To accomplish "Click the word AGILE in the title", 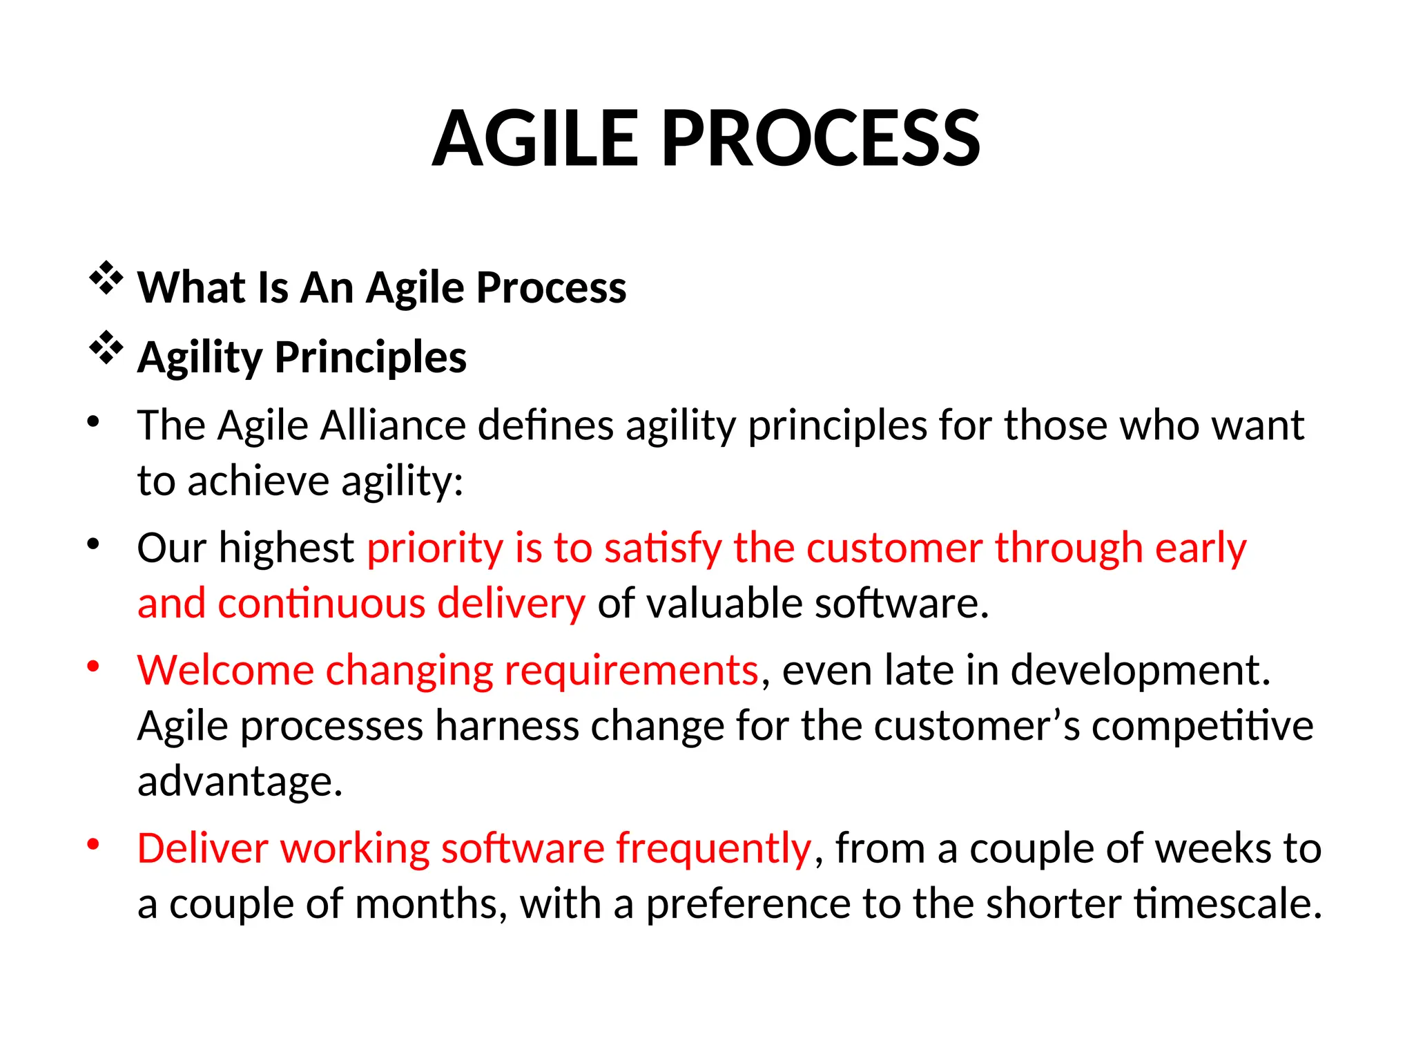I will point(535,140).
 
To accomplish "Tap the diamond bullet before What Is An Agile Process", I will point(106,279).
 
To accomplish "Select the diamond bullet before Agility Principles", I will point(106,348).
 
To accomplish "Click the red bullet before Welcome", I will point(94,667).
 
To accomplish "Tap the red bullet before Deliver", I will point(94,845).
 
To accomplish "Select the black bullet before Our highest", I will point(94,544).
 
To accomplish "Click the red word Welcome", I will point(225,670).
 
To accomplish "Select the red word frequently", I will point(713,849).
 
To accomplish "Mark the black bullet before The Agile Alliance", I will point(94,421).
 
